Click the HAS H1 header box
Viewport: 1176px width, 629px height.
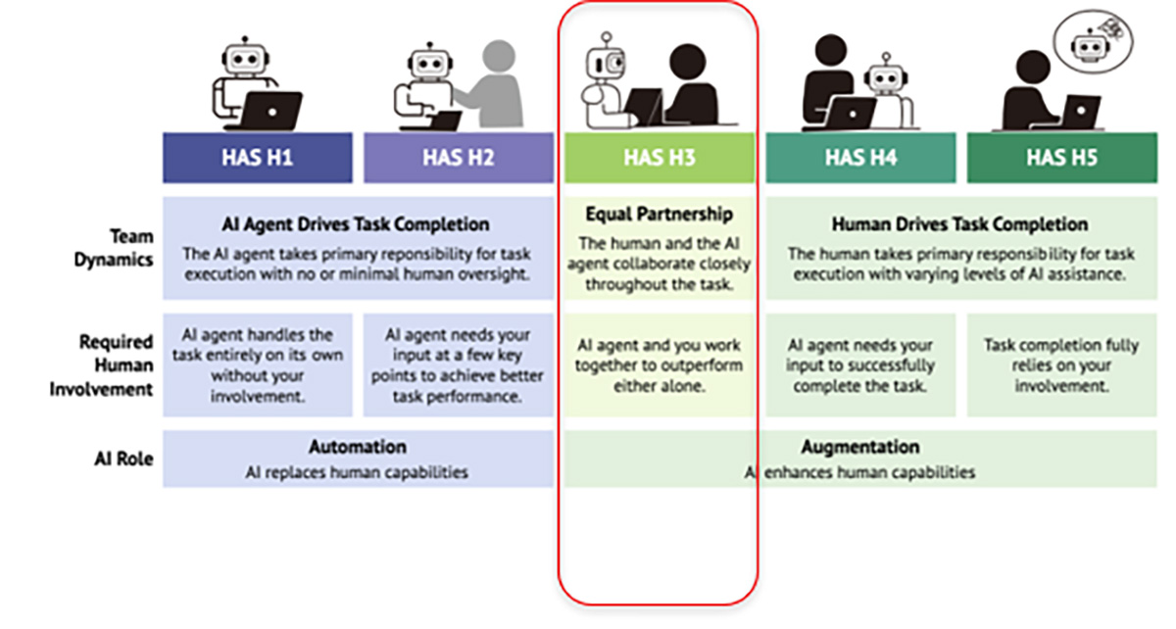(257, 158)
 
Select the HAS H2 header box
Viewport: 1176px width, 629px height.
(458, 158)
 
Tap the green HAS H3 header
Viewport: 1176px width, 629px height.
(659, 158)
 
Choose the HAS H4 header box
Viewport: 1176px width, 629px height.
(859, 158)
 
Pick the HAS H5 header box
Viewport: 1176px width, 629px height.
(1061, 158)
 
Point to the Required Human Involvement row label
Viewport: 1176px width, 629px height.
(116, 364)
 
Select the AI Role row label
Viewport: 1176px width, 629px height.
(129, 458)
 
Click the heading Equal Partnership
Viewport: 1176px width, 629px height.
(659, 215)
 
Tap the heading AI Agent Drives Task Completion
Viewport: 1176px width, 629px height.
(356, 224)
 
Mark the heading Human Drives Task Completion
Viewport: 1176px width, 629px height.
(959, 224)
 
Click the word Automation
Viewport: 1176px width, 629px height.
(357, 447)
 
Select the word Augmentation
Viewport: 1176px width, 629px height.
(859, 447)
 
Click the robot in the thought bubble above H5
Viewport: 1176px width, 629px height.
(1086, 44)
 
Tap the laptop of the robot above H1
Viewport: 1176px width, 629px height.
(270, 110)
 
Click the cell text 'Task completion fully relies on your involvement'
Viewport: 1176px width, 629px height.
(1060, 364)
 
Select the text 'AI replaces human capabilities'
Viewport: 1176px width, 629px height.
(357, 472)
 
